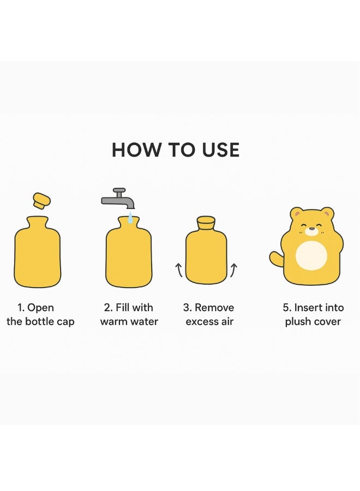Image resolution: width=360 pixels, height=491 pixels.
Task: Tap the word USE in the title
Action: coord(217,150)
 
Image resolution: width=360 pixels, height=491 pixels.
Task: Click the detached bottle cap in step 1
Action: coord(42,200)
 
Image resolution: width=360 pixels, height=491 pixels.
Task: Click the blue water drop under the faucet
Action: coord(130,219)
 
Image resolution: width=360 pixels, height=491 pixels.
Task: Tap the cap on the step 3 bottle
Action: coord(206,223)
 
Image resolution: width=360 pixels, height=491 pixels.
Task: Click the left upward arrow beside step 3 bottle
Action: coord(178,270)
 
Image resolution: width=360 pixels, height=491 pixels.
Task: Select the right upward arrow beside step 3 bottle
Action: coord(234,270)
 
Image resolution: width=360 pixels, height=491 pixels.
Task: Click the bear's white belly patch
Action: coord(311,255)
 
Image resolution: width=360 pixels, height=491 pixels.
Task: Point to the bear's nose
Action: coord(311,228)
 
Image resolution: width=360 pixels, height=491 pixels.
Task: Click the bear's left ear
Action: coord(297,213)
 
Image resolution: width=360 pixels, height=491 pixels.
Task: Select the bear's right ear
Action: coord(327,213)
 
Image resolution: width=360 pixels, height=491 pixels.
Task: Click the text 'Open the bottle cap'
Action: coord(40,315)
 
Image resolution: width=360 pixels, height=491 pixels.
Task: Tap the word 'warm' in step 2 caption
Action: coord(113,322)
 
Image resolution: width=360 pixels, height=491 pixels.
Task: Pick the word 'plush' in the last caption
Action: coord(298,322)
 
